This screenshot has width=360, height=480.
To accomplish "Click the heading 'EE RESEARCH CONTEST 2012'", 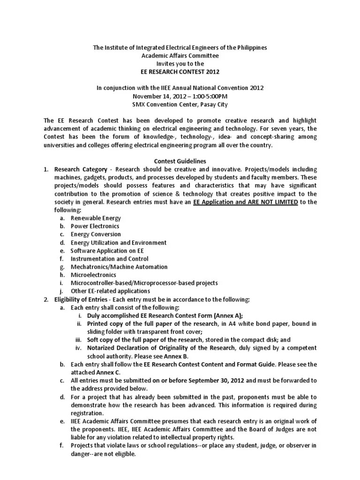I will pyautogui.click(x=180, y=71).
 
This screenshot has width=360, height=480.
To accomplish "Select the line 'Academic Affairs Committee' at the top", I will pyautogui.click(x=180, y=55).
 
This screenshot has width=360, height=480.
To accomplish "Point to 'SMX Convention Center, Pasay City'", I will pyautogui.click(x=180, y=104).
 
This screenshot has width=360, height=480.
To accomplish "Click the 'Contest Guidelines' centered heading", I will pyautogui.click(x=180, y=161).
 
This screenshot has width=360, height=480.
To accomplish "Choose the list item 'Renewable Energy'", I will pyautogui.click(x=96, y=218).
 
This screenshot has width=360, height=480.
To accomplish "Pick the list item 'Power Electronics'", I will pyautogui.click(x=95, y=226).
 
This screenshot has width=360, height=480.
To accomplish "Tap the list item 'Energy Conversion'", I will pyautogui.click(x=96, y=234).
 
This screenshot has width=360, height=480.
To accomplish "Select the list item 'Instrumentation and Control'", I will pyautogui.click(x=109, y=259).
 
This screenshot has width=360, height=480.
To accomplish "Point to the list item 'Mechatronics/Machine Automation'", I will pyautogui.click(x=119, y=267).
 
